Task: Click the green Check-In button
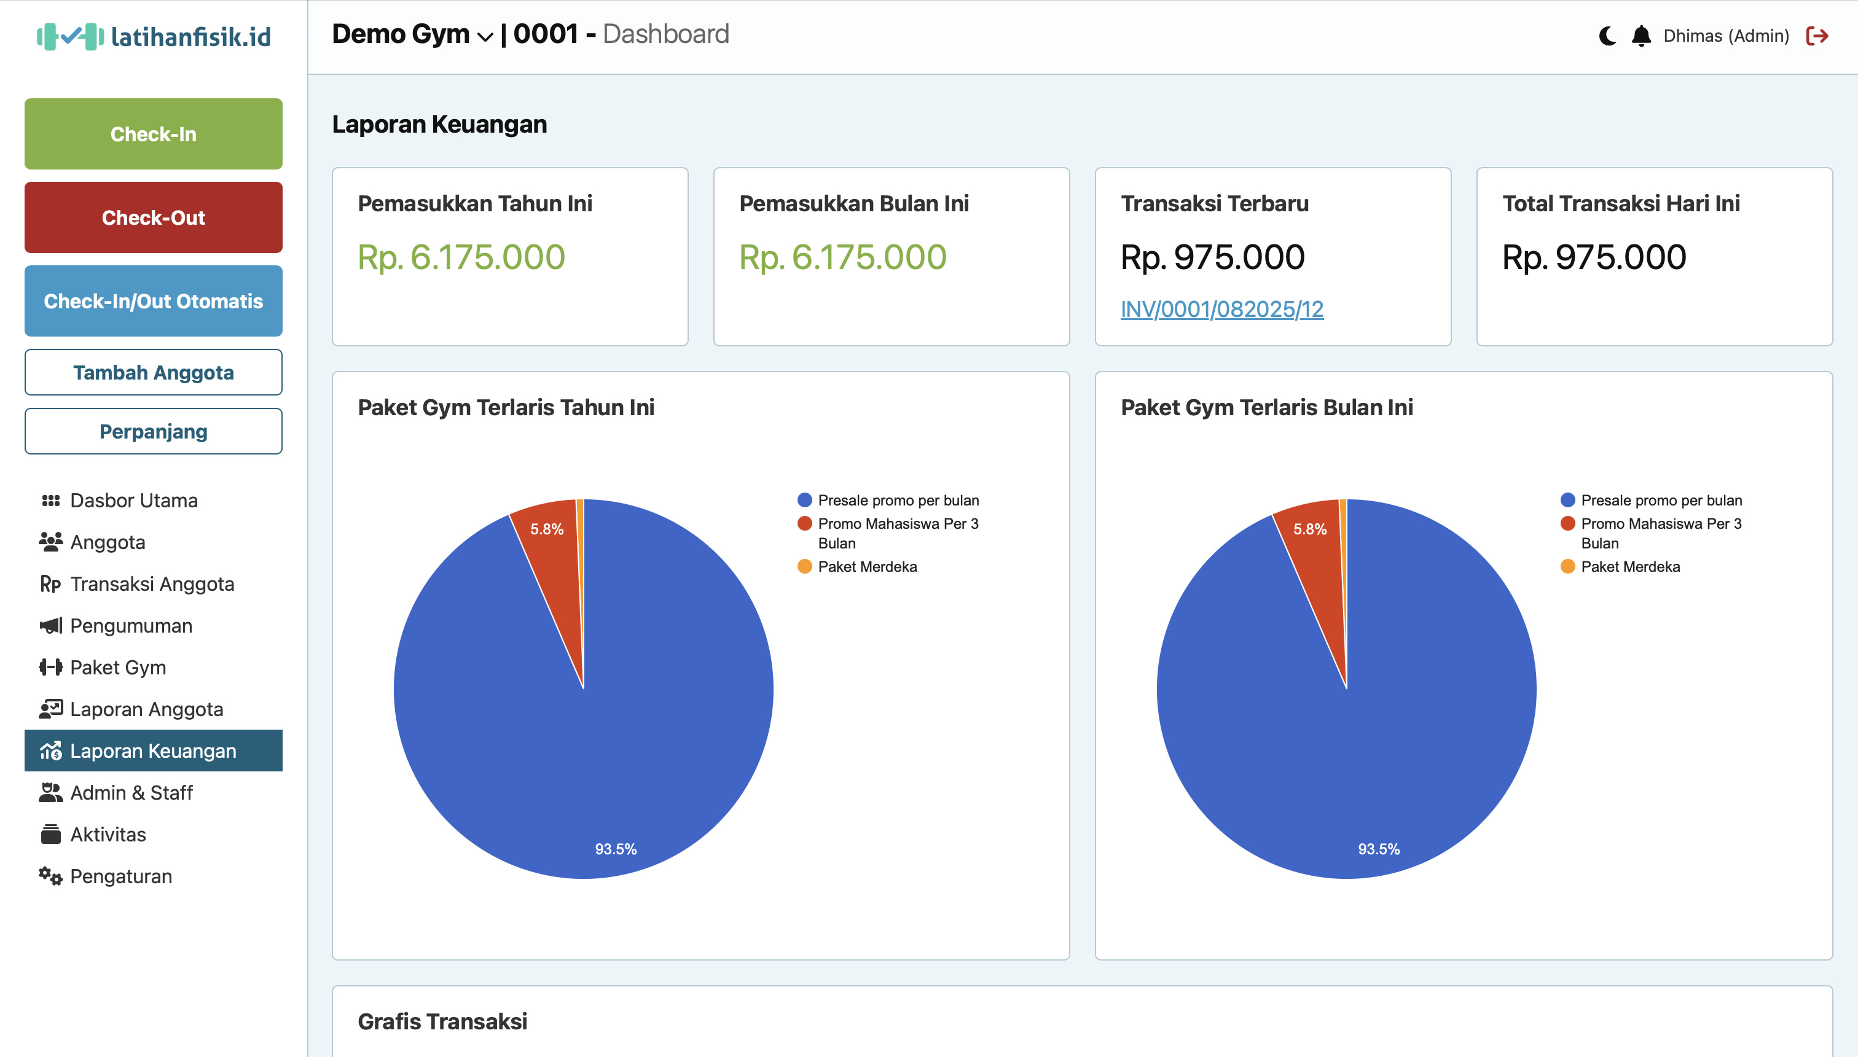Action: (x=153, y=135)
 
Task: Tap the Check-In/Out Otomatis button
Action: (x=153, y=302)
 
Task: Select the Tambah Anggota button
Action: (x=153, y=372)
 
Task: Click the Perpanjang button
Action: (x=153, y=431)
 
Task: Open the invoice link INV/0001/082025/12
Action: (x=1221, y=310)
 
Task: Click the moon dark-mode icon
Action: (x=1607, y=36)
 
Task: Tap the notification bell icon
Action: (x=1641, y=36)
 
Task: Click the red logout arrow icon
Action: (x=1817, y=36)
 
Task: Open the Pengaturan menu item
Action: (x=120, y=876)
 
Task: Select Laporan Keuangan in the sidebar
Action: (x=153, y=751)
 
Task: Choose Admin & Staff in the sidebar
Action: (x=131, y=793)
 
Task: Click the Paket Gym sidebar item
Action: (x=117, y=667)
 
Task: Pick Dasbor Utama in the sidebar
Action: (x=133, y=500)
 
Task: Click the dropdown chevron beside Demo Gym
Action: (x=485, y=36)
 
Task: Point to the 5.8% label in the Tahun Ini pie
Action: (x=547, y=529)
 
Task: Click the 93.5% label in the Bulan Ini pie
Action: (x=1378, y=849)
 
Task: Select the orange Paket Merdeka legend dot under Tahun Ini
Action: (x=804, y=566)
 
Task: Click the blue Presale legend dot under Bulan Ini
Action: (x=1567, y=500)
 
